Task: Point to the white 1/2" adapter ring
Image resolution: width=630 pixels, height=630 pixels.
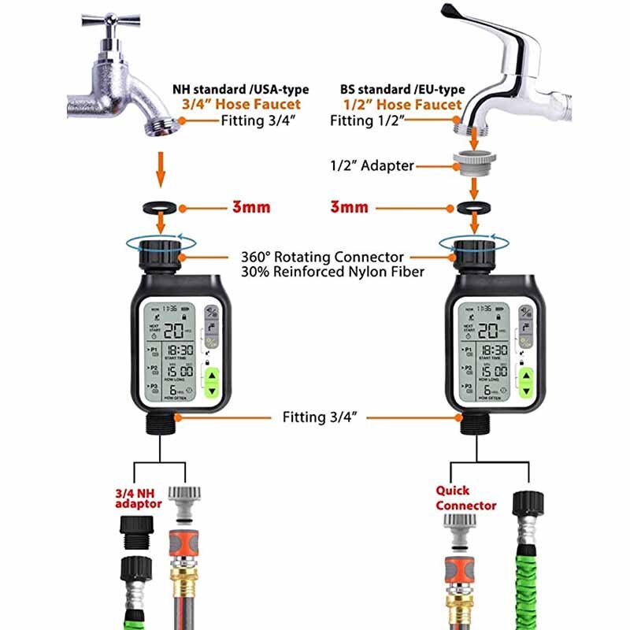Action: click(473, 164)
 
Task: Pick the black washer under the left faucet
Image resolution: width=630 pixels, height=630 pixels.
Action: click(160, 209)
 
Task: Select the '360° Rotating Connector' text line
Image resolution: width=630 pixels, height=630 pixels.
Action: click(322, 257)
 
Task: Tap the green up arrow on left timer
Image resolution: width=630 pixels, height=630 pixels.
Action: click(212, 374)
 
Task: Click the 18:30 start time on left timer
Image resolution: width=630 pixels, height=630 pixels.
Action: click(179, 349)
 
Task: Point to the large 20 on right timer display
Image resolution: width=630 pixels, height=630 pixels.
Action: click(489, 331)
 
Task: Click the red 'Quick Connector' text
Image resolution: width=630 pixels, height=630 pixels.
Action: click(465, 498)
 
